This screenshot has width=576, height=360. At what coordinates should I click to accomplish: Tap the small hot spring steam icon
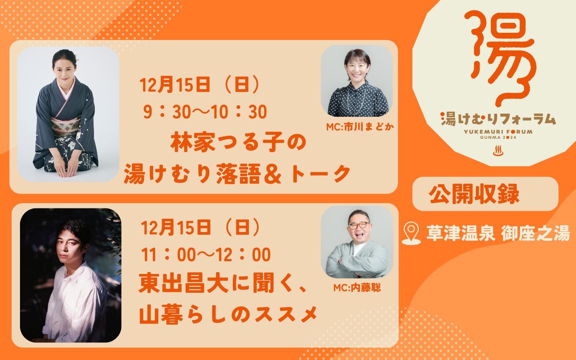pyautogui.click(x=498, y=151)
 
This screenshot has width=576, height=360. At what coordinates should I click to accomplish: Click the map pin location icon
pyautogui.click(x=411, y=233)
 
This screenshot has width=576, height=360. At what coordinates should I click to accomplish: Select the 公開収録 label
pyautogui.click(x=474, y=194)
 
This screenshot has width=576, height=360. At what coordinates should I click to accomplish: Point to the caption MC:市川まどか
pyautogui.click(x=360, y=127)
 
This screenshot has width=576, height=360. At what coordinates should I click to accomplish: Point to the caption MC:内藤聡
pyautogui.click(x=357, y=288)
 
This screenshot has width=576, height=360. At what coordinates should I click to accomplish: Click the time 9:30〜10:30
pyautogui.click(x=205, y=112)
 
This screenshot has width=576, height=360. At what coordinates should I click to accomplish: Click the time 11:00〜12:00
pyautogui.click(x=206, y=254)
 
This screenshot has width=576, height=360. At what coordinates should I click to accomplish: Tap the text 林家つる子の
pyautogui.click(x=238, y=142)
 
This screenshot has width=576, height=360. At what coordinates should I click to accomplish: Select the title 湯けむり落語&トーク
pyautogui.click(x=237, y=174)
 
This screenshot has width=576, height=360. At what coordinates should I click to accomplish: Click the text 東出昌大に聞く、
pyautogui.click(x=223, y=283)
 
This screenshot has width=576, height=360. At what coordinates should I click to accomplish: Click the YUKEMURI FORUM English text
pyautogui.click(x=498, y=132)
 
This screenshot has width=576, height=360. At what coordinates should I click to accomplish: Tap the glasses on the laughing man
pyautogui.click(x=359, y=225)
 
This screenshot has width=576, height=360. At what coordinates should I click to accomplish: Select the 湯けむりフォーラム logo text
pyautogui.click(x=498, y=119)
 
